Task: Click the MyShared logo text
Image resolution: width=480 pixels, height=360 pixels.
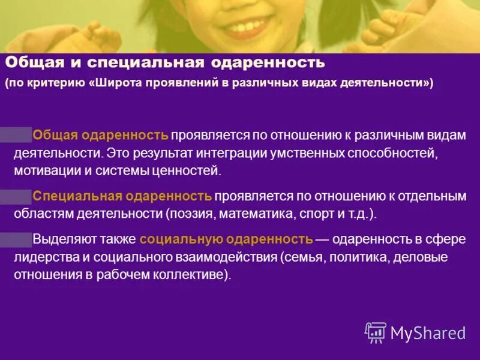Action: coord(428,332)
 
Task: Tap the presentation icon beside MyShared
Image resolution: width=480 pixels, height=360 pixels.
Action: coord(376,331)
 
